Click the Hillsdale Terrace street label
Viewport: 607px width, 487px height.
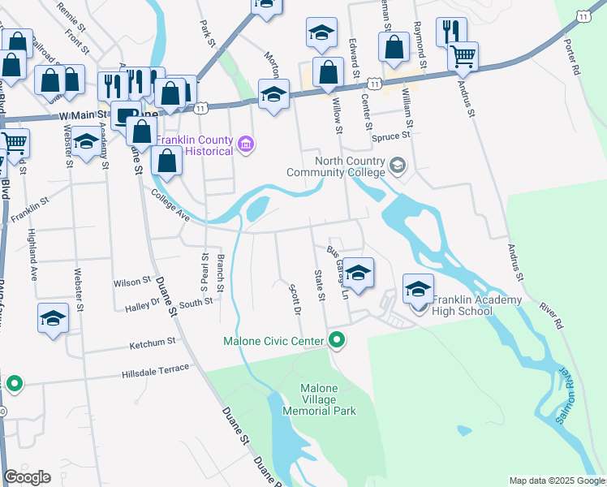tap(155, 372)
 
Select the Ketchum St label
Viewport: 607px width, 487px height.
tap(152, 345)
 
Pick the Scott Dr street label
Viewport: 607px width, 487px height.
tap(295, 299)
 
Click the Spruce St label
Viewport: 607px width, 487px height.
tap(387, 137)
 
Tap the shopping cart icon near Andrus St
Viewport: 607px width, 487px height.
tap(463, 56)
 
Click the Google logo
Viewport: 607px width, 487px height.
tap(27, 477)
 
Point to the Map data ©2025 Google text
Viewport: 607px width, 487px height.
tap(556, 481)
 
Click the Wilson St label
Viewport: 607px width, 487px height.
tap(133, 282)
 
